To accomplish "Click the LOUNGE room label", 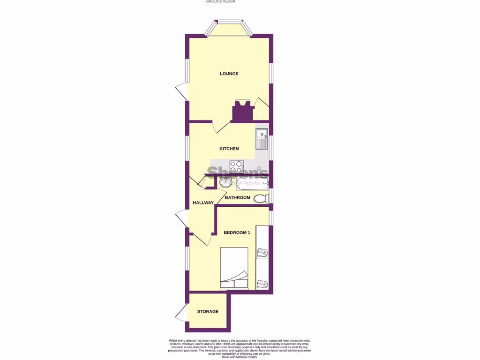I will tap(229, 74).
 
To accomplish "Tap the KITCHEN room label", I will tap(229, 149).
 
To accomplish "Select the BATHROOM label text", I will tap(238, 197).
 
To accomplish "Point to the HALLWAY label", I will tap(203, 202).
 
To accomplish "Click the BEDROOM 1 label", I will tap(237, 232).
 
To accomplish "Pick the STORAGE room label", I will tap(208, 311).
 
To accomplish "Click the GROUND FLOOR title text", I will tap(221, 2).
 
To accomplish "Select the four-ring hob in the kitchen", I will tap(236, 166).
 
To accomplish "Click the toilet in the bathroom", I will tap(262, 198).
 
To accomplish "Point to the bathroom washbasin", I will tap(224, 181).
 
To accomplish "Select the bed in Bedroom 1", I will tap(234, 268).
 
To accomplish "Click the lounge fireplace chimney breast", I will tap(243, 112).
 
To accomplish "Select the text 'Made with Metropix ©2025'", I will tap(240, 357).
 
